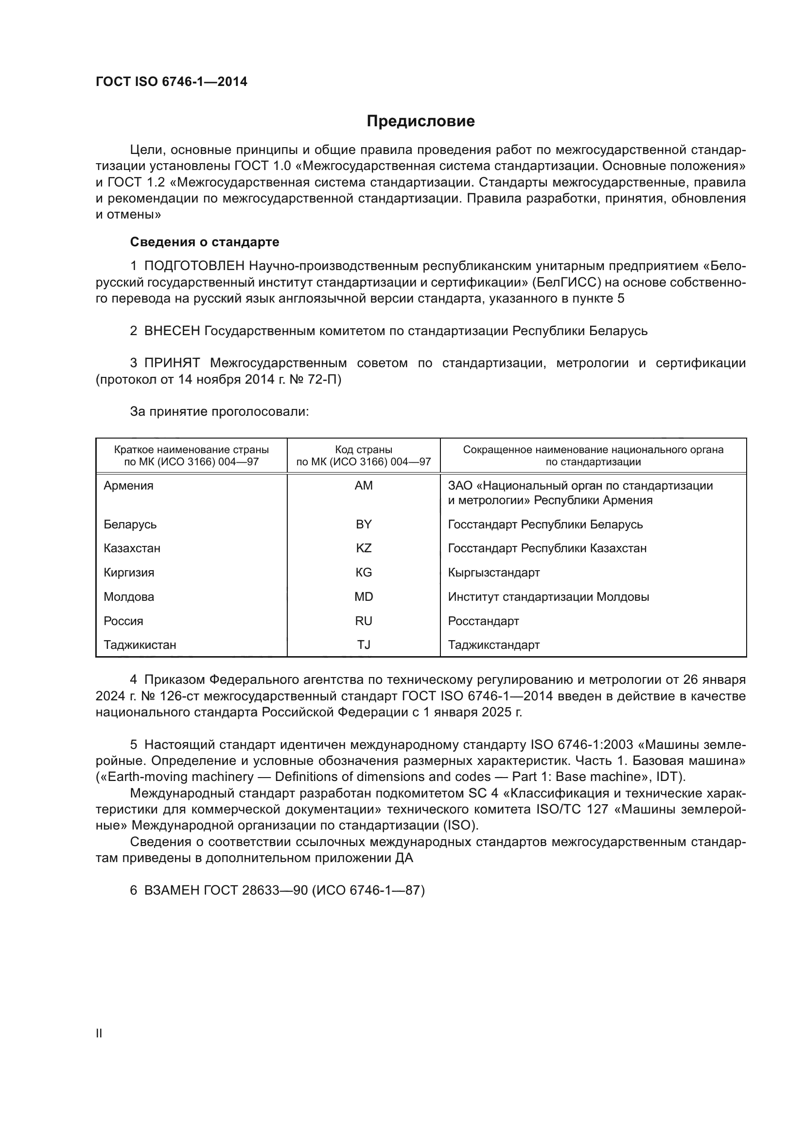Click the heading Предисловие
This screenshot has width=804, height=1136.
[x=420, y=121]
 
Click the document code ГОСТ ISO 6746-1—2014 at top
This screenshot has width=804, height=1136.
[x=171, y=82]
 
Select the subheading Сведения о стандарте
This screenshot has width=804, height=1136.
[x=205, y=242]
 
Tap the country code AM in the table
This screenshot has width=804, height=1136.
[x=364, y=485]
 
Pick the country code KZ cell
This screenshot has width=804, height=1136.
[x=364, y=548]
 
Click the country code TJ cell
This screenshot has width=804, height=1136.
[x=364, y=644]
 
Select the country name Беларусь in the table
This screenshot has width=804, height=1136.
[x=130, y=524]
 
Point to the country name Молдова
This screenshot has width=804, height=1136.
[x=129, y=597]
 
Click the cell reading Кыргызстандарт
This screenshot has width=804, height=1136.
[x=493, y=573]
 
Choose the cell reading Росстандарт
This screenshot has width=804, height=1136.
[x=483, y=621]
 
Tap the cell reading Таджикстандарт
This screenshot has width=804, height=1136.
[x=493, y=644]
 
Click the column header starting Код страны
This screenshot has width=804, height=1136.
[x=364, y=456]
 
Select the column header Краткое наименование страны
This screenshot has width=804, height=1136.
[x=191, y=456]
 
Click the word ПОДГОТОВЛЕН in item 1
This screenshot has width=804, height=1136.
[x=194, y=266]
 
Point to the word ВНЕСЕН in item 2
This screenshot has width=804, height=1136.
[x=172, y=331]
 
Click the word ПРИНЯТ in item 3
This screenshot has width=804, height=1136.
[x=172, y=363]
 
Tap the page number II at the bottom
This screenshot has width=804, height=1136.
[x=99, y=1033]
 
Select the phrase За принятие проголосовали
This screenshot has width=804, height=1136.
[x=219, y=411]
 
